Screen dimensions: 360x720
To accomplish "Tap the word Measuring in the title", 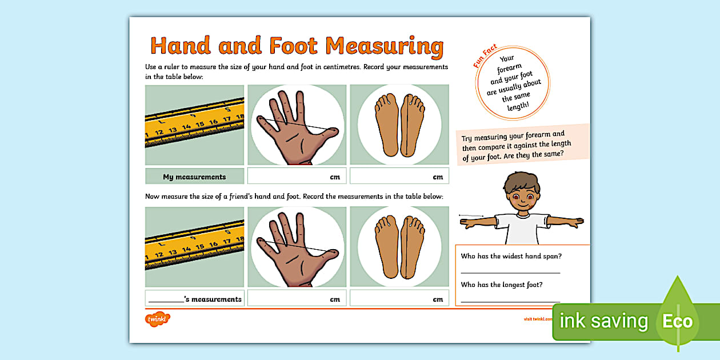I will pyautogui.click(x=385, y=46).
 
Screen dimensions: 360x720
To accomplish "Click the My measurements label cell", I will pyautogui.click(x=194, y=177).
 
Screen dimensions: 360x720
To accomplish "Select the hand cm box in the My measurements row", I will pyautogui.click(x=297, y=177).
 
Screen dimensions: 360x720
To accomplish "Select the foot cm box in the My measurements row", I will pyautogui.click(x=399, y=177).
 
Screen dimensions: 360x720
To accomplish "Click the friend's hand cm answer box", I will pyautogui.click(x=297, y=299).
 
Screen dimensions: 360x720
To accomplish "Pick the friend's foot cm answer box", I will pyautogui.click(x=399, y=299).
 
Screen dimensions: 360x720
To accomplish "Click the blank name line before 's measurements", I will pyautogui.click(x=166, y=300).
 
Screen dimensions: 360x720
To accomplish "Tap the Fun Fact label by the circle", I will pyautogui.click(x=485, y=58).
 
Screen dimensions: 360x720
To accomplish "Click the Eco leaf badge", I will pyautogui.click(x=678, y=320).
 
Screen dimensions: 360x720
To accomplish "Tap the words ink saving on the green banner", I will pyautogui.click(x=603, y=321).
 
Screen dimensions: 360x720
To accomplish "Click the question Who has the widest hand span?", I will pyautogui.click(x=511, y=256).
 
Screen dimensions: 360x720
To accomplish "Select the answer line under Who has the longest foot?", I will pyautogui.click(x=510, y=301).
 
